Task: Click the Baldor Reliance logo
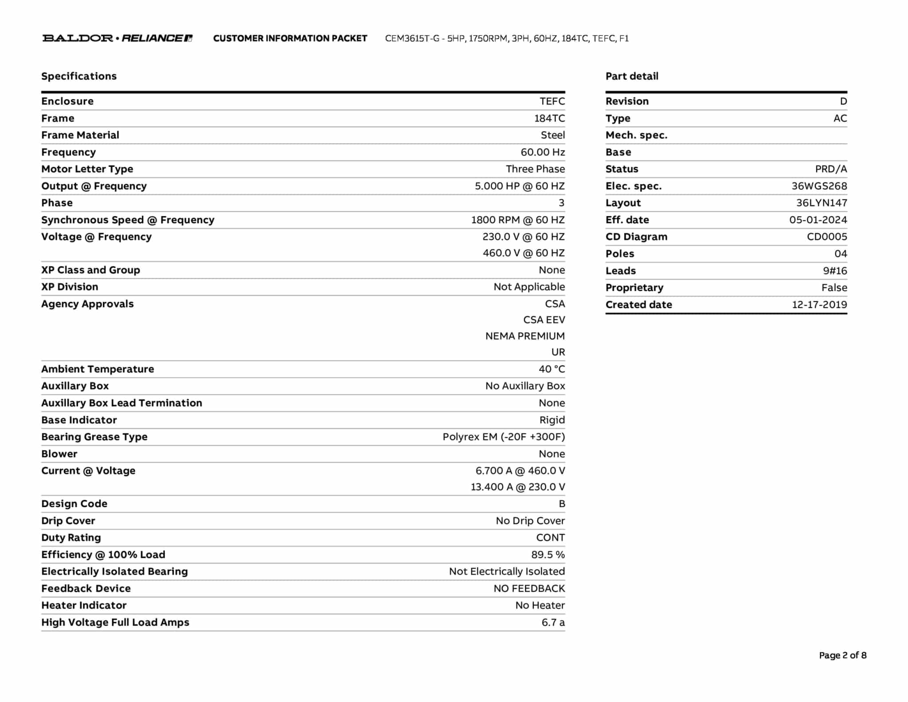click(117, 38)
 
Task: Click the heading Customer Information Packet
click(290, 39)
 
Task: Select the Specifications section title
click(79, 76)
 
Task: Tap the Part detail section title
click(632, 76)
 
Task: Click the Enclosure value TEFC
click(552, 101)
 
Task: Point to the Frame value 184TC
click(549, 118)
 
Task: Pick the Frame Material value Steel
click(552, 135)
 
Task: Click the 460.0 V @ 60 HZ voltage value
click(524, 253)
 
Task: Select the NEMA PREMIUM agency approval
click(525, 336)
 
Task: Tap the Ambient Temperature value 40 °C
click(552, 369)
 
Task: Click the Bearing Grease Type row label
click(94, 437)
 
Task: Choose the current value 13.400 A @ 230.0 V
click(518, 487)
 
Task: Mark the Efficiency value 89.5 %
click(548, 555)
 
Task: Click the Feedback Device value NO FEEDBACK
click(529, 589)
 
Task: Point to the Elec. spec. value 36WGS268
click(819, 186)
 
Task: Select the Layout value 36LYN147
click(821, 203)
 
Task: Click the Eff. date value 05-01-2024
click(818, 220)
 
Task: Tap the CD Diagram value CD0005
click(827, 237)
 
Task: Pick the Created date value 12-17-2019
click(819, 305)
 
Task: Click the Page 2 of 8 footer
click(842, 655)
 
